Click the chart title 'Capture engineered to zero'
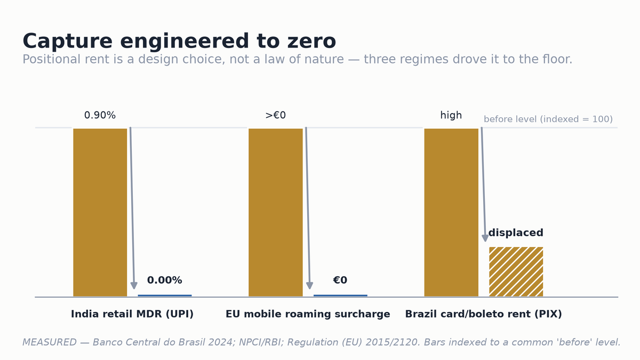(x=179, y=41)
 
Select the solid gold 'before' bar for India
(x=100, y=212)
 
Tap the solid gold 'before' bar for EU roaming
(x=275, y=212)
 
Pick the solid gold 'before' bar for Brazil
(x=451, y=212)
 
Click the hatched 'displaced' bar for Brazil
(x=516, y=271)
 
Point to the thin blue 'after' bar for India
(x=165, y=295)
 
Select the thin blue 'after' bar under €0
(x=340, y=295)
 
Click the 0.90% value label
(x=100, y=115)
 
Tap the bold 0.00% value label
(x=165, y=280)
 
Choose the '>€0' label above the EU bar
(x=275, y=115)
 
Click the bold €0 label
(x=340, y=280)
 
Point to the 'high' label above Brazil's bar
(x=451, y=115)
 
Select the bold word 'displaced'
(x=516, y=233)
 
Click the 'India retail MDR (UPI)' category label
(x=132, y=314)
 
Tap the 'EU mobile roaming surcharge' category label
(x=308, y=314)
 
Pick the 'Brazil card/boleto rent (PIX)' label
(x=483, y=314)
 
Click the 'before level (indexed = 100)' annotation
(x=548, y=119)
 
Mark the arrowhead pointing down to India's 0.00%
(x=134, y=285)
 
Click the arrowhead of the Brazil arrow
(x=485, y=238)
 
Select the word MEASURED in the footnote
(x=50, y=342)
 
